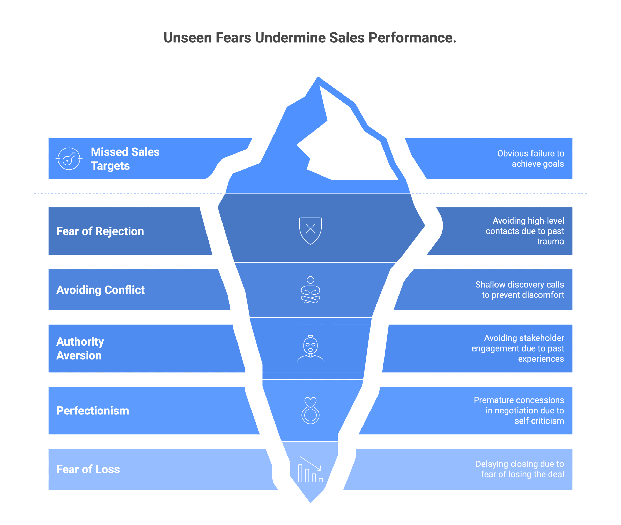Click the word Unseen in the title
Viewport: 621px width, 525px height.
(x=187, y=38)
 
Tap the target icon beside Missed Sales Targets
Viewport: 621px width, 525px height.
(x=69, y=159)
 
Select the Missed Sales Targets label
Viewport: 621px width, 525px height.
(x=125, y=159)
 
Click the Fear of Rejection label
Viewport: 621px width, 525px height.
(x=100, y=231)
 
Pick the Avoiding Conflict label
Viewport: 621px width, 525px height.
(x=101, y=290)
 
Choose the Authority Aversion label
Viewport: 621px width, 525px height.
(x=80, y=348)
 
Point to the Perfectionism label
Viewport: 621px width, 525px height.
(x=93, y=411)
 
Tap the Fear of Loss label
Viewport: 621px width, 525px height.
(x=88, y=469)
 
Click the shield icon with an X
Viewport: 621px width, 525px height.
(x=310, y=231)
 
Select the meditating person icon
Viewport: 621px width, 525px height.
(x=310, y=290)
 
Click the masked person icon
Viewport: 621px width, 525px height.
(x=310, y=348)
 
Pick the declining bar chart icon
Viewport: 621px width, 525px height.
(x=310, y=469)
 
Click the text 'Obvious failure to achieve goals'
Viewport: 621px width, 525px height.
(x=531, y=159)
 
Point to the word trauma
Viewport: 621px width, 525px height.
(x=550, y=241)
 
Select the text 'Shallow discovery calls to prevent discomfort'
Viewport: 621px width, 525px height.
(x=520, y=290)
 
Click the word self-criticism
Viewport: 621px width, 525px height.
(x=539, y=421)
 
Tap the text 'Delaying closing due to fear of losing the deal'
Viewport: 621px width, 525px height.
(x=520, y=469)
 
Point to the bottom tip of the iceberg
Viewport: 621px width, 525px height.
(x=310, y=503)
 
